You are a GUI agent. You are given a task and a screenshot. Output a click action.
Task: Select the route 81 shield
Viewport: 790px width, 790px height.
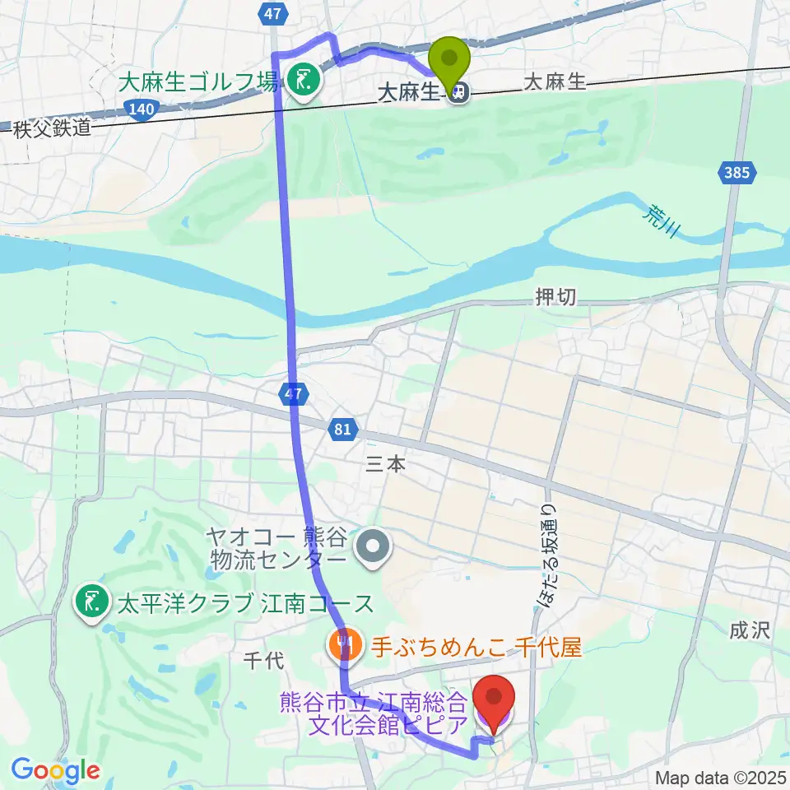pos(343,429)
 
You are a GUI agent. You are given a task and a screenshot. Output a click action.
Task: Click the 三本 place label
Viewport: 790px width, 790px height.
pos(385,464)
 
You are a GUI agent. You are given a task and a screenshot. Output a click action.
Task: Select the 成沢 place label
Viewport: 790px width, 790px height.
pos(749,630)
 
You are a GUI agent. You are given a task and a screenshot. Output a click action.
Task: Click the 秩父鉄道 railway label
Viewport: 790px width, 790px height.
pos(50,127)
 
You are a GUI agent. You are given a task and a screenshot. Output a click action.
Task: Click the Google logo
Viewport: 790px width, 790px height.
pos(55,770)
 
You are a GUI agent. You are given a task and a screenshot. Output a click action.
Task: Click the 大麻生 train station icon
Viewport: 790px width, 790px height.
pos(458,93)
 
